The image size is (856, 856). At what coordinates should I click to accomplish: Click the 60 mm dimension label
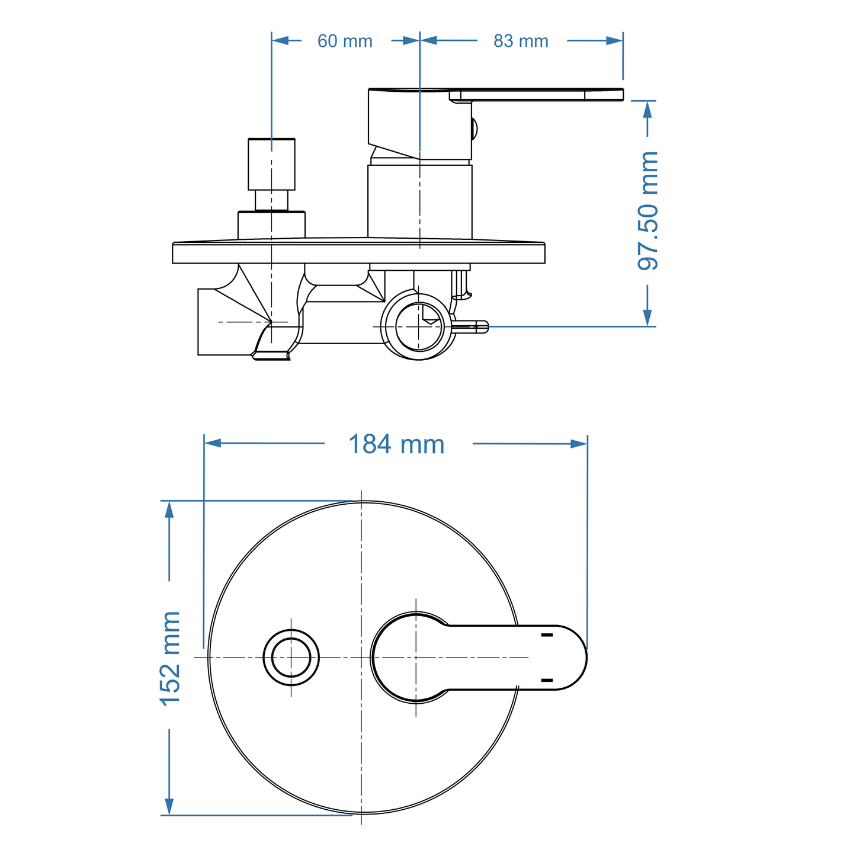tap(345, 41)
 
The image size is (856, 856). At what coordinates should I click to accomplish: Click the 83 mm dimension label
tap(521, 41)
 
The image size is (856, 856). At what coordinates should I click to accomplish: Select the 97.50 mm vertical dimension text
tap(647, 211)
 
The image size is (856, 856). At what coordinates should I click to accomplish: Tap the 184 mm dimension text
tap(396, 444)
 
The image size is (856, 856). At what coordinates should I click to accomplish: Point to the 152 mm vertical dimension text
tap(171, 658)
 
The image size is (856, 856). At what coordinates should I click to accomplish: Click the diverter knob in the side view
tap(271, 163)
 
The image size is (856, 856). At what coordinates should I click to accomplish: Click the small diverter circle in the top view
tap(291, 658)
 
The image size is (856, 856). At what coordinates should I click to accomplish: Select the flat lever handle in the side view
tap(536, 95)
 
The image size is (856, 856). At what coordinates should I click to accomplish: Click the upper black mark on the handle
tap(547, 635)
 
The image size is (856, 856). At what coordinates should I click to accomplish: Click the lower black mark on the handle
tap(547, 680)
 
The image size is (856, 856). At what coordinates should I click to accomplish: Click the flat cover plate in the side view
tap(358, 253)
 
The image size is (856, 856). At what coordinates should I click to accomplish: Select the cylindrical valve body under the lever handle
tap(419, 201)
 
